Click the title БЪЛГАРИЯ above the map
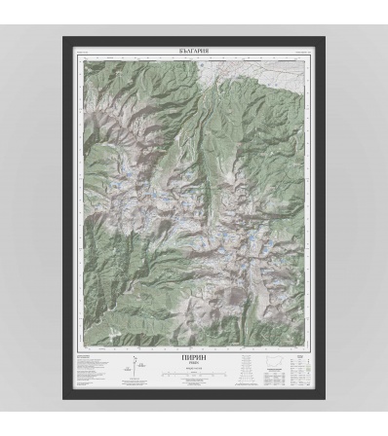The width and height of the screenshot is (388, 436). coord(194,49)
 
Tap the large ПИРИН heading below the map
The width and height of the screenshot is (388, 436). coord(194,358)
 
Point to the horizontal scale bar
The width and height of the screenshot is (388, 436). coord(194,374)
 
